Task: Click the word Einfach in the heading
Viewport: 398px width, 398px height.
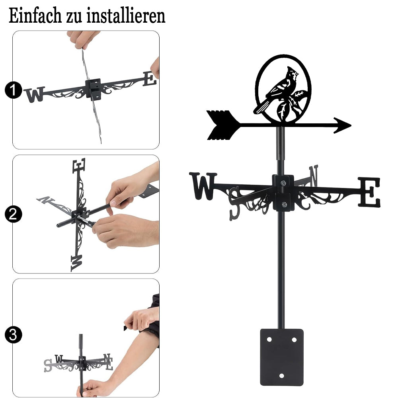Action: pyautogui.click(x=35, y=16)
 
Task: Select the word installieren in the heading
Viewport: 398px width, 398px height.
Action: pyautogui.click(x=126, y=16)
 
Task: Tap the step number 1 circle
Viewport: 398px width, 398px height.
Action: pyautogui.click(x=13, y=90)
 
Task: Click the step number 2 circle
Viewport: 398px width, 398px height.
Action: pyautogui.click(x=13, y=215)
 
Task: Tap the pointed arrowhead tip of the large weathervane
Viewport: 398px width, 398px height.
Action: pyautogui.click(x=351, y=125)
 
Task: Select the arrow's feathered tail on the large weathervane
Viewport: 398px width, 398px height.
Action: pyautogui.click(x=221, y=125)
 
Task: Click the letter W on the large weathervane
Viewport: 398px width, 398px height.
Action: pyautogui.click(x=203, y=186)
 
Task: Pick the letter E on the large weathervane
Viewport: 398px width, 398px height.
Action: pyautogui.click(x=369, y=192)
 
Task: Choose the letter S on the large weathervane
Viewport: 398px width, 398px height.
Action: pyautogui.click(x=234, y=203)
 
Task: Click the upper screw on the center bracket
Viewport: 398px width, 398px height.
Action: pyautogui.click(x=283, y=183)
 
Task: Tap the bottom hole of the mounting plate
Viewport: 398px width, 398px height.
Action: pyautogui.click(x=281, y=376)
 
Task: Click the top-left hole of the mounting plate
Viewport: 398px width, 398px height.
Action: pyautogui.click(x=269, y=339)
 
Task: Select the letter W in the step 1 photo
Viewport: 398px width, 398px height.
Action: pyautogui.click(x=34, y=94)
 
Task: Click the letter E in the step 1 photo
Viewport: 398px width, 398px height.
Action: pyautogui.click(x=150, y=78)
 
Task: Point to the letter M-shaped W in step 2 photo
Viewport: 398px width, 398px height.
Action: pyautogui.click(x=77, y=263)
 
